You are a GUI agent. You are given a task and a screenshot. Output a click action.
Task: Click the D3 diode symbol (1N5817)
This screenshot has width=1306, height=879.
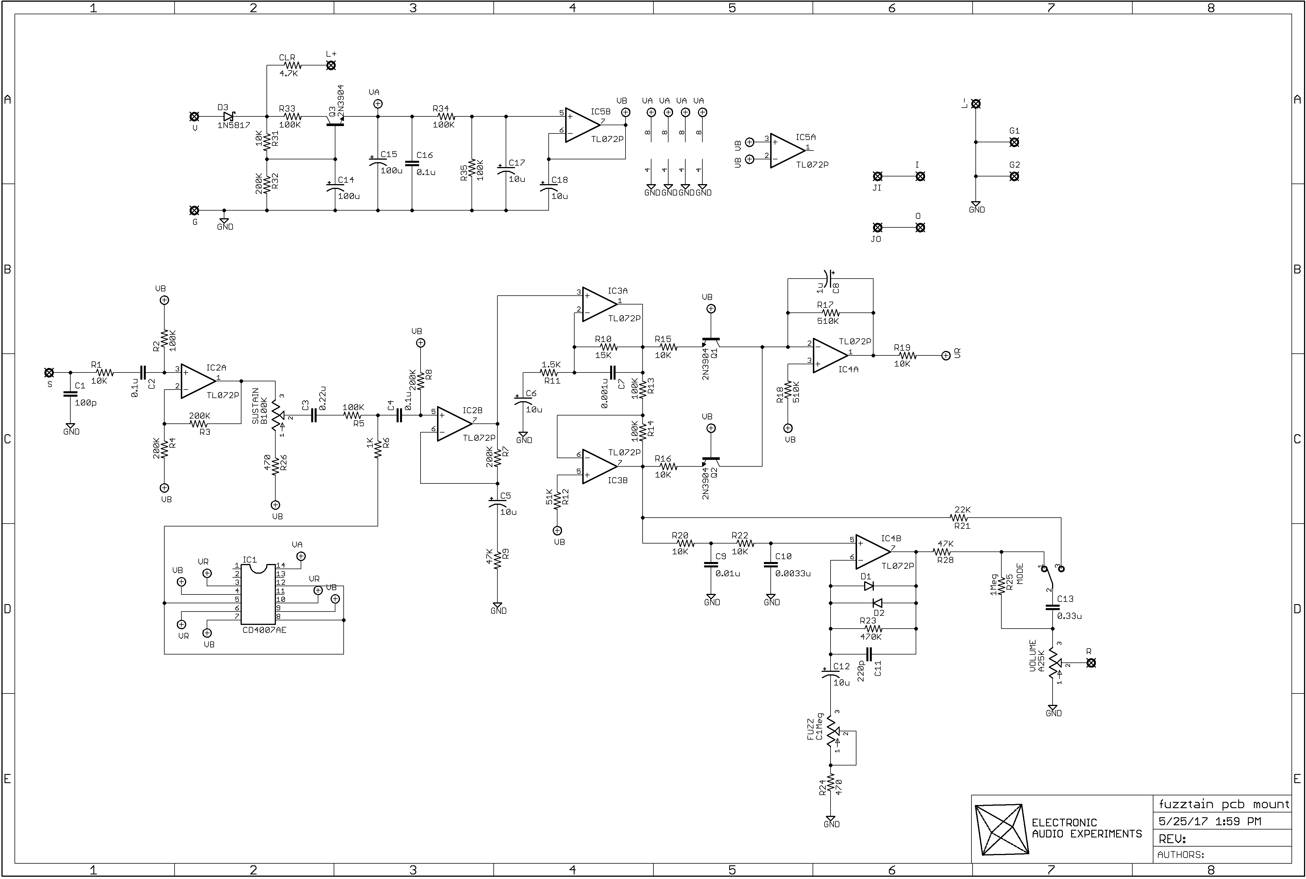228,117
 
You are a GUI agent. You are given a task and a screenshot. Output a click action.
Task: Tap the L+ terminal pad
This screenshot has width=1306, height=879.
331,65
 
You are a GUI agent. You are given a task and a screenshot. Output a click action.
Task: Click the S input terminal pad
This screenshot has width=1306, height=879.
49,372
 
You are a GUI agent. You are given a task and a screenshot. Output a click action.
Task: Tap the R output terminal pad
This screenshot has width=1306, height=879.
1091,663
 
